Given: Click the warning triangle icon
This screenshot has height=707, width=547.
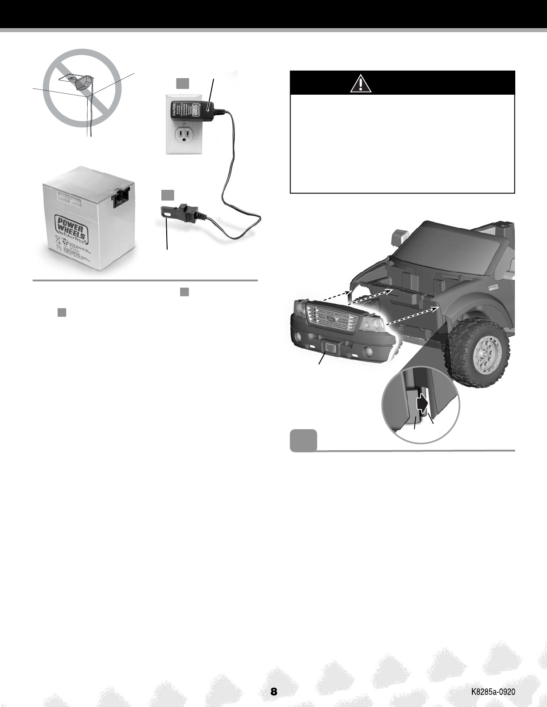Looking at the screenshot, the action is click(x=361, y=83).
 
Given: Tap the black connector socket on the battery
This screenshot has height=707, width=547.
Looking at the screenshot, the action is click(x=121, y=197).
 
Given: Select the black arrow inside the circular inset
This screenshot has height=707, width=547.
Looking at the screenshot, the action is click(x=422, y=403).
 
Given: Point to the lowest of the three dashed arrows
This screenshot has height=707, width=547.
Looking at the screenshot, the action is click(x=410, y=316).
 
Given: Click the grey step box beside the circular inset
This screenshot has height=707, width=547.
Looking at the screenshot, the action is click(x=303, y=440).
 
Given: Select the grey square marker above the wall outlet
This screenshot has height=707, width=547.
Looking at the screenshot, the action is click(x=182, y=83).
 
